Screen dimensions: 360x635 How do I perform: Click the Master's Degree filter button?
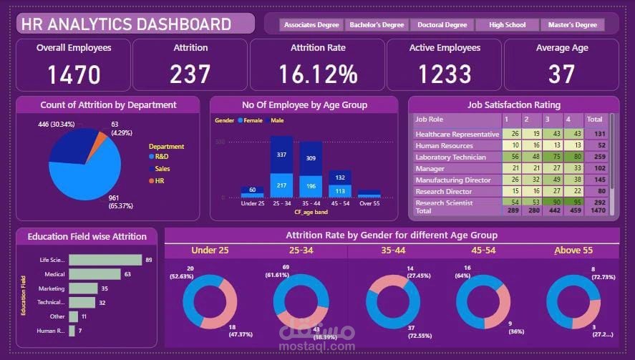572,25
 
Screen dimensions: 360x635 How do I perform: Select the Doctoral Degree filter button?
442,25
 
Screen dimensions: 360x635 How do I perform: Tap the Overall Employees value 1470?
74,74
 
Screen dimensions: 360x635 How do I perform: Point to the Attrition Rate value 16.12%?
318,74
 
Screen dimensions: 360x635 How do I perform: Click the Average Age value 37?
561,74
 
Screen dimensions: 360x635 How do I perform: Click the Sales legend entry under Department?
162,168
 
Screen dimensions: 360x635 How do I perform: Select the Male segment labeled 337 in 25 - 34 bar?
281,155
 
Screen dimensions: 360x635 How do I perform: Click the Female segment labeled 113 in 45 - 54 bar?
340,191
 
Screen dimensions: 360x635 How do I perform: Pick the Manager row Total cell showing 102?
595,168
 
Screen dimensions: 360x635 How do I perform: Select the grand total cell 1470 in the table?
595,212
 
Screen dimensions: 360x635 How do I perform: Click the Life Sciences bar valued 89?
105,260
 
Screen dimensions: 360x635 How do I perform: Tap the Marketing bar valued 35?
83,288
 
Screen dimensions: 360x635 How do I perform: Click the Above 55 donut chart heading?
573,250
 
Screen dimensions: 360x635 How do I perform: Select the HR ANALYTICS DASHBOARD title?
126,24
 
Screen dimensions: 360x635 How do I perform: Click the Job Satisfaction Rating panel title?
513,104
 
